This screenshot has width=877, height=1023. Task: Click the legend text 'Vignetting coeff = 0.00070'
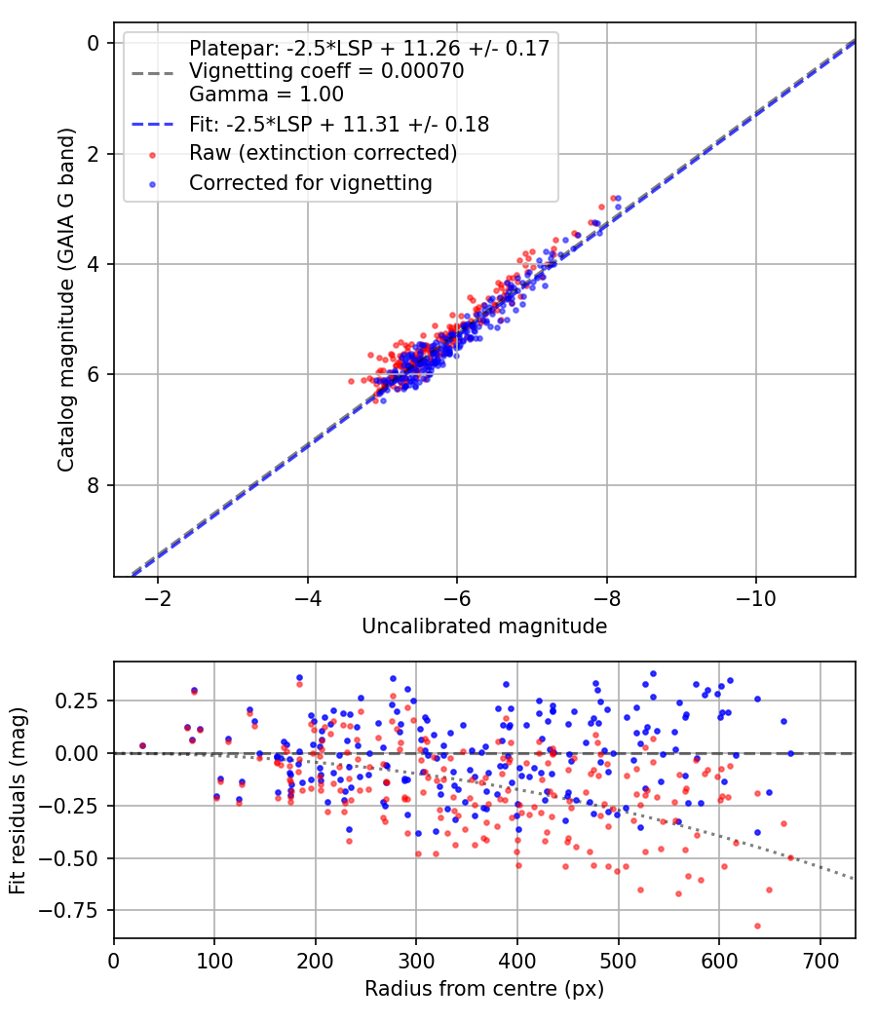[x=325, y=71]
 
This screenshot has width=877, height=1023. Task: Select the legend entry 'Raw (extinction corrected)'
[x=323, y=153]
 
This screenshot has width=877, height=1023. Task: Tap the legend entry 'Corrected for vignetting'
[x=310, y=182]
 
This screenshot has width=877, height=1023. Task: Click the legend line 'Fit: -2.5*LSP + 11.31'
[x=338, y=125]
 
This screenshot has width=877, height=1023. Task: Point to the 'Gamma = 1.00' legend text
[x=266, y=95]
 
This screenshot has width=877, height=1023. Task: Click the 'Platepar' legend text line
[x=368, y=48]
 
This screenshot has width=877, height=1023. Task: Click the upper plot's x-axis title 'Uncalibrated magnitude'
[x=484, y=626]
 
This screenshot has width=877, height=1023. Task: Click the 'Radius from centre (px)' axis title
[x=484, y=989]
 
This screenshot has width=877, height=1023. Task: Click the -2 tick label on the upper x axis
[x=158, y=597]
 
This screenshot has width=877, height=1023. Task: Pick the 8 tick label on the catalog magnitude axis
[x=94, y=485]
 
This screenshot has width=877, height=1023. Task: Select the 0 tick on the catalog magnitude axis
[x=94, y=43]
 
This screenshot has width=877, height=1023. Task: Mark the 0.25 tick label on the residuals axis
[x=82, y=701]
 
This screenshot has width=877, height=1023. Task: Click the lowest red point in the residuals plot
[x=757, y=926]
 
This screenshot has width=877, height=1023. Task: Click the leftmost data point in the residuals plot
[x=142, y=745]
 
